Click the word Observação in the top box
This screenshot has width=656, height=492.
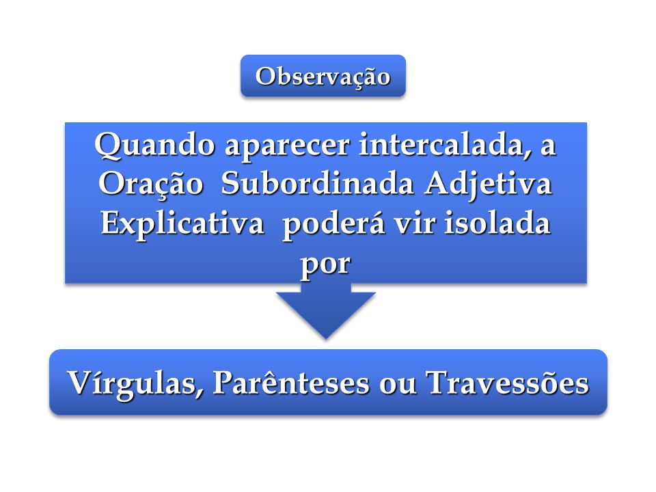click(323, 77)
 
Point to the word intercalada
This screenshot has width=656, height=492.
click(441, 144)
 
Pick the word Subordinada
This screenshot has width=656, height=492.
click(317, 183)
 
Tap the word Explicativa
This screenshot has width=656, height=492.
click(182, 224)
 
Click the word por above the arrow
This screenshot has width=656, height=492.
click(325, 264)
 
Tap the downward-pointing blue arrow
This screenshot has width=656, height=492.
click(325, 310)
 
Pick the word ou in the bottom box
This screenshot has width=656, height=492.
click(397, 385)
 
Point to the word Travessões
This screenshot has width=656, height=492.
click(507, 382)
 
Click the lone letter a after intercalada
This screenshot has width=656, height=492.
click(548, 148)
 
